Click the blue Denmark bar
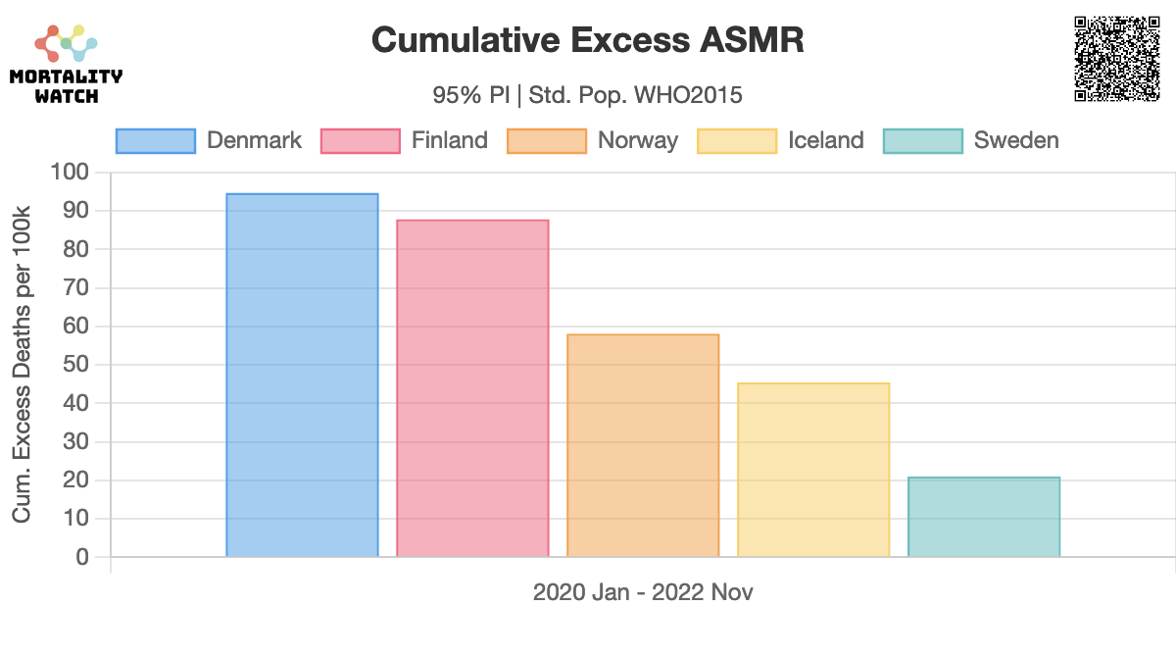point(302,376)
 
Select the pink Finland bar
point(472,388)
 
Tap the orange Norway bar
point(643,446)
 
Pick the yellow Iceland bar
point(813,470)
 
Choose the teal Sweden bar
point(984,517)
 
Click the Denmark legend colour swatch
point(156,141)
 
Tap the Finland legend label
point(449,141)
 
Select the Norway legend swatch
point(546,141)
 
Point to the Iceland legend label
point(826,141)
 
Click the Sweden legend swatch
point(922,141)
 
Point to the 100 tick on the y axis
point(70,173)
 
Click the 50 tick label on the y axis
point(76,365)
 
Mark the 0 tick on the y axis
point(82,557)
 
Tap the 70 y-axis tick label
point(76,288)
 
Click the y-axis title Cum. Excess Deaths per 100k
point(22,364)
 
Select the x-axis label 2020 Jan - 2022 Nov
point(643,592)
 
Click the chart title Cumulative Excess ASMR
point(588,40)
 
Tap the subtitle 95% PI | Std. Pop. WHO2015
point(588,95)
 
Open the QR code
point(1117,59)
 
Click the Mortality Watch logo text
point(66,86)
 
